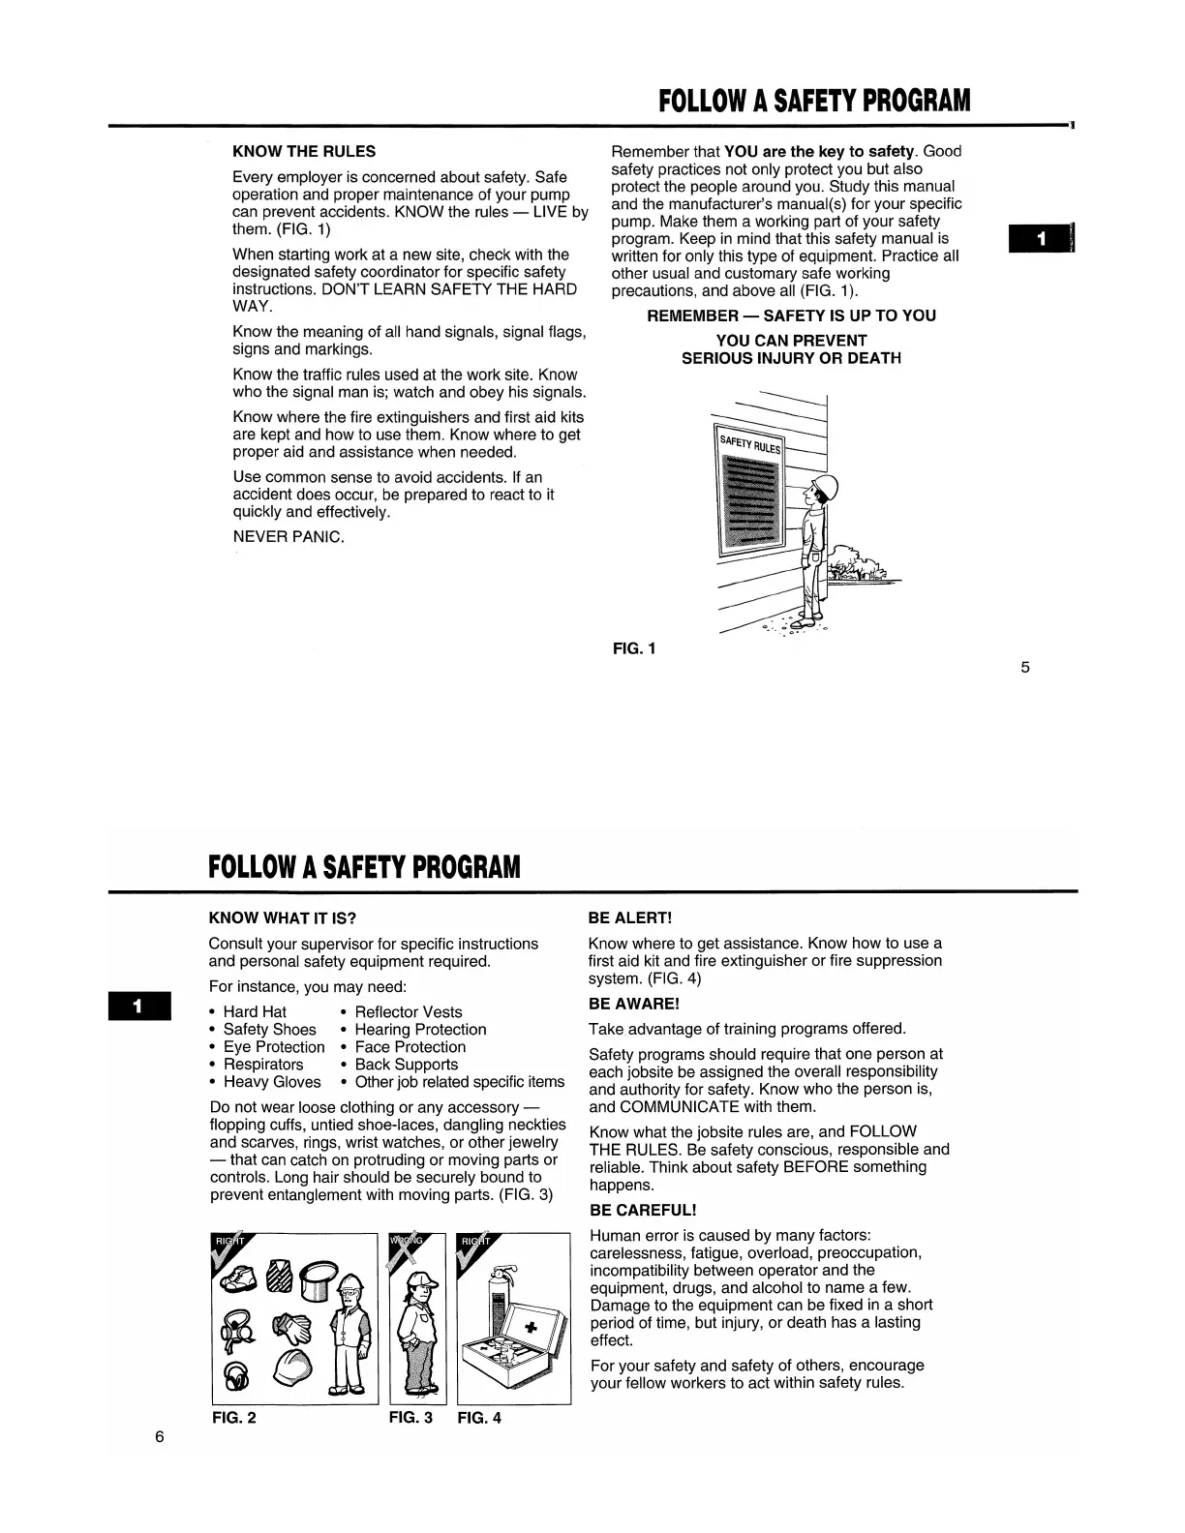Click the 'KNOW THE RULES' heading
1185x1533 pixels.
click(x=304, y=152)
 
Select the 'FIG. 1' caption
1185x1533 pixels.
click(x=634, y=648)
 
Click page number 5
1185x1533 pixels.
click(x=1025, y=667)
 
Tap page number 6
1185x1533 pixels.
click(x=160, y=1437)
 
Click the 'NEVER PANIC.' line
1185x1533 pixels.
click(x=289, y=537)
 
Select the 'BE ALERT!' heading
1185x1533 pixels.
click(x=629, y=917)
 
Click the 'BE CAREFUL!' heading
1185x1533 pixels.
click(x=643, y=1211)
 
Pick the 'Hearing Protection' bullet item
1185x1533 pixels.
click(x=420, y=1030)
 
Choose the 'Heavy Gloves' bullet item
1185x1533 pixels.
click(x=271, y=1082)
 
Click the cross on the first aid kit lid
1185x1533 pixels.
click(x=530, y=1327)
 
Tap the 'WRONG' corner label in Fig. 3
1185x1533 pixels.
click(x=406, y=1242)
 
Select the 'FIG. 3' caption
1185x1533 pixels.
click(x=410, y=1418)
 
